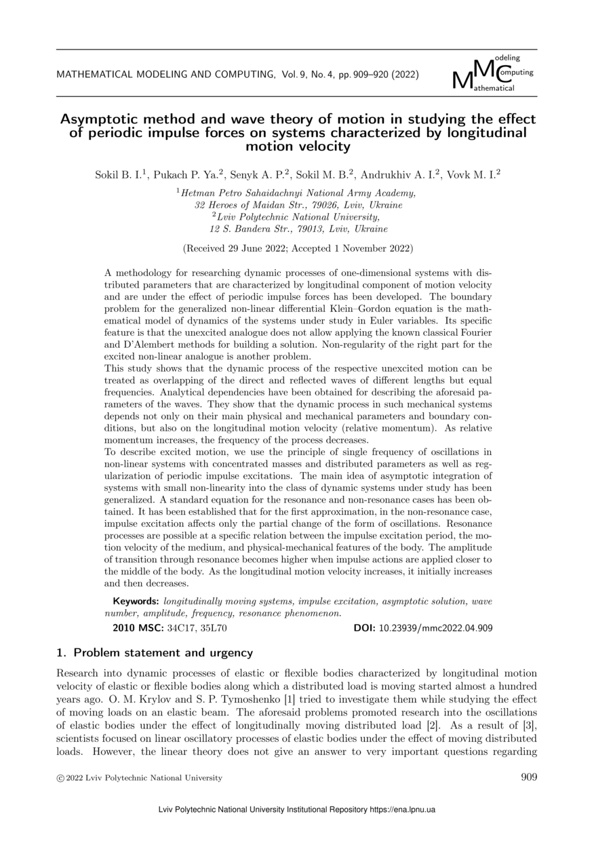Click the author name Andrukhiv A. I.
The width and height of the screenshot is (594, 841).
[405, 174]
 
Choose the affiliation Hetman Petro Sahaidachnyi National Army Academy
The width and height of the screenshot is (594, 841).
[298, 193]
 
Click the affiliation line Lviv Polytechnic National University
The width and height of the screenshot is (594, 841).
[298, 217]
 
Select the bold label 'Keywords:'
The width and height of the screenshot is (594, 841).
[136, 602]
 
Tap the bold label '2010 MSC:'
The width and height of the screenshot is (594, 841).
[136, 628]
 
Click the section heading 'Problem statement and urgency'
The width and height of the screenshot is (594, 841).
[163, 653]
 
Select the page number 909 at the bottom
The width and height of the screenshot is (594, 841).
[529, 777]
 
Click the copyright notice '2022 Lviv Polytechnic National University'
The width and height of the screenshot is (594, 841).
[144, 778]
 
